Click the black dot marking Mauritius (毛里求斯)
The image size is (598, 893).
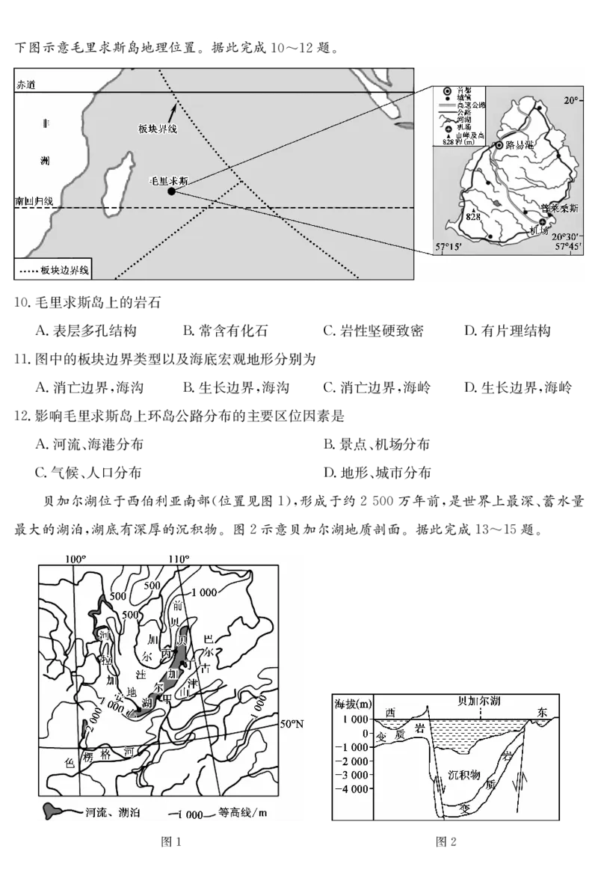[171, 191]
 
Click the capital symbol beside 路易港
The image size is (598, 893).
[499, 144]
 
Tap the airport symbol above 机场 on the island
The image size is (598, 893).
[543, 221]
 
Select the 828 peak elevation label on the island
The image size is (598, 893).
[472, 216]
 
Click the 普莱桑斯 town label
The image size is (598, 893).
[560, 210]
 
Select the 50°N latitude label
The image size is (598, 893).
[292, 724]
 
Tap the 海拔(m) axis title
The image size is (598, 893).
[353, 705]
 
